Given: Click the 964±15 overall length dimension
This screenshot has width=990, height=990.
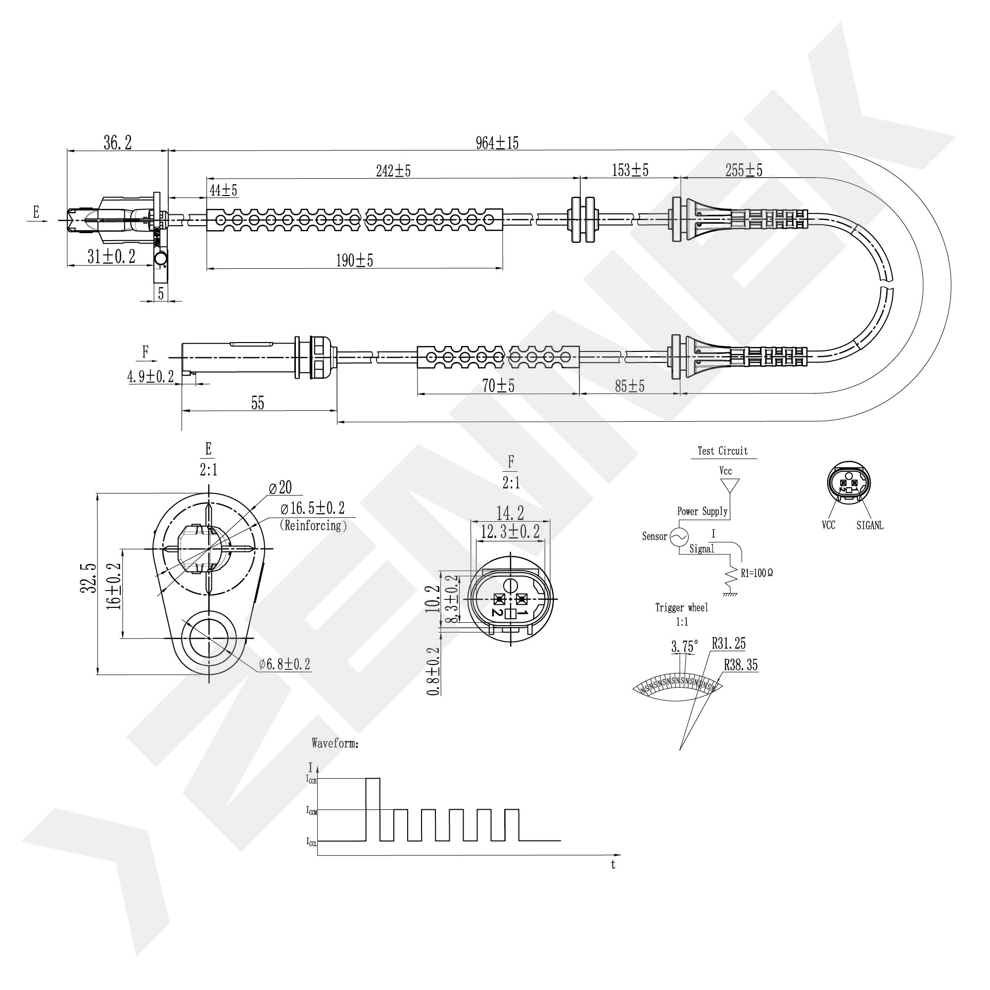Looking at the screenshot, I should pos(497,143).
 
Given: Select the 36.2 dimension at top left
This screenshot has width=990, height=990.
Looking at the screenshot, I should pos(117,143).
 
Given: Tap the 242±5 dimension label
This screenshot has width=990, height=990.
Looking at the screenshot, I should pos(393,171).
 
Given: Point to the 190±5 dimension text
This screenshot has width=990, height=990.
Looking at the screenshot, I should pos(354,260).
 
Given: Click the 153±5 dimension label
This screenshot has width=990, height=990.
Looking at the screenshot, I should pos(630,170).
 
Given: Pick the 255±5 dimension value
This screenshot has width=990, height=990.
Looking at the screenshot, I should pos(744,170).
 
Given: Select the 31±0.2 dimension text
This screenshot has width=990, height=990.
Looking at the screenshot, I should pos(111,256).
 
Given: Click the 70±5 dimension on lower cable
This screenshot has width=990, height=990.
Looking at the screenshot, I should pos(498,386).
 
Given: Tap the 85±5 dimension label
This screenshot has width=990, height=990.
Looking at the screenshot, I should pos(629,386).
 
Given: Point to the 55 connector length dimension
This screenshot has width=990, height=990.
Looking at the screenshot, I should pos(257,403).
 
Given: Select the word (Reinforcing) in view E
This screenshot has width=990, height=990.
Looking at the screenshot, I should pos(313,526).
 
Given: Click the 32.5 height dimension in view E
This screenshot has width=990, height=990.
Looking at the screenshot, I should pos(89,578).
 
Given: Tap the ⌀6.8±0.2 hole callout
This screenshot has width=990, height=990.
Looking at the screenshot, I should pos(284,664).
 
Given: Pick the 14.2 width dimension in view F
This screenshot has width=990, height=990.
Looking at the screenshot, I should pos(510,513).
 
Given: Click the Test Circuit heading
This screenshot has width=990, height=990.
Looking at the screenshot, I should pos(722,451).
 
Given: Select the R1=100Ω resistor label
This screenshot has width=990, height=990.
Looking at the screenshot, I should pos(756,573).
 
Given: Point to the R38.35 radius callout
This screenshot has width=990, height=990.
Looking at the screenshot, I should pos(741,665).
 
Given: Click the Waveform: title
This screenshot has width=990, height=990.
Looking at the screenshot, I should pos(334,743).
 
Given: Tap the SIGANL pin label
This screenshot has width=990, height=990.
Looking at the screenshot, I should pos(870,526).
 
